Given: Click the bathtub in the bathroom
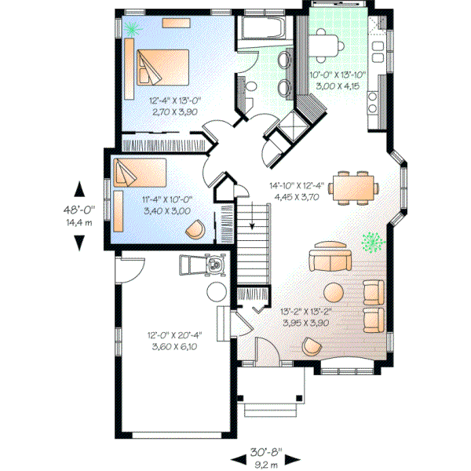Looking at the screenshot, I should coord(264,31).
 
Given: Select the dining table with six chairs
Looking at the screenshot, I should coord(355,187).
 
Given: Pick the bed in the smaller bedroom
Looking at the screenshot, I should coord(140,172).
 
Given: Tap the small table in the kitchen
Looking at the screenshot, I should coord(328,44).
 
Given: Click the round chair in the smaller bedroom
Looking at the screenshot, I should coord(194,229).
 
